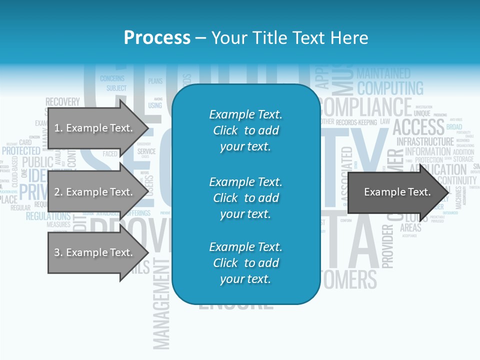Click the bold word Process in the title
(157, 38)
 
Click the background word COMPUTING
(390, 88)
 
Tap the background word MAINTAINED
(383, 74)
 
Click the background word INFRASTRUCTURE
(425, 141)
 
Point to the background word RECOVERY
(62, 102)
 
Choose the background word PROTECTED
(21, 150)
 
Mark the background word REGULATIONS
(48, 216)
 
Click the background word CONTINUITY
(457, 180)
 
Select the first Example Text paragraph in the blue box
(245, 130)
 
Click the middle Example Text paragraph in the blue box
(245, 197)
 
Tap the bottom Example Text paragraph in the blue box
(245, 263)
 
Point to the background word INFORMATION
(427, 151)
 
